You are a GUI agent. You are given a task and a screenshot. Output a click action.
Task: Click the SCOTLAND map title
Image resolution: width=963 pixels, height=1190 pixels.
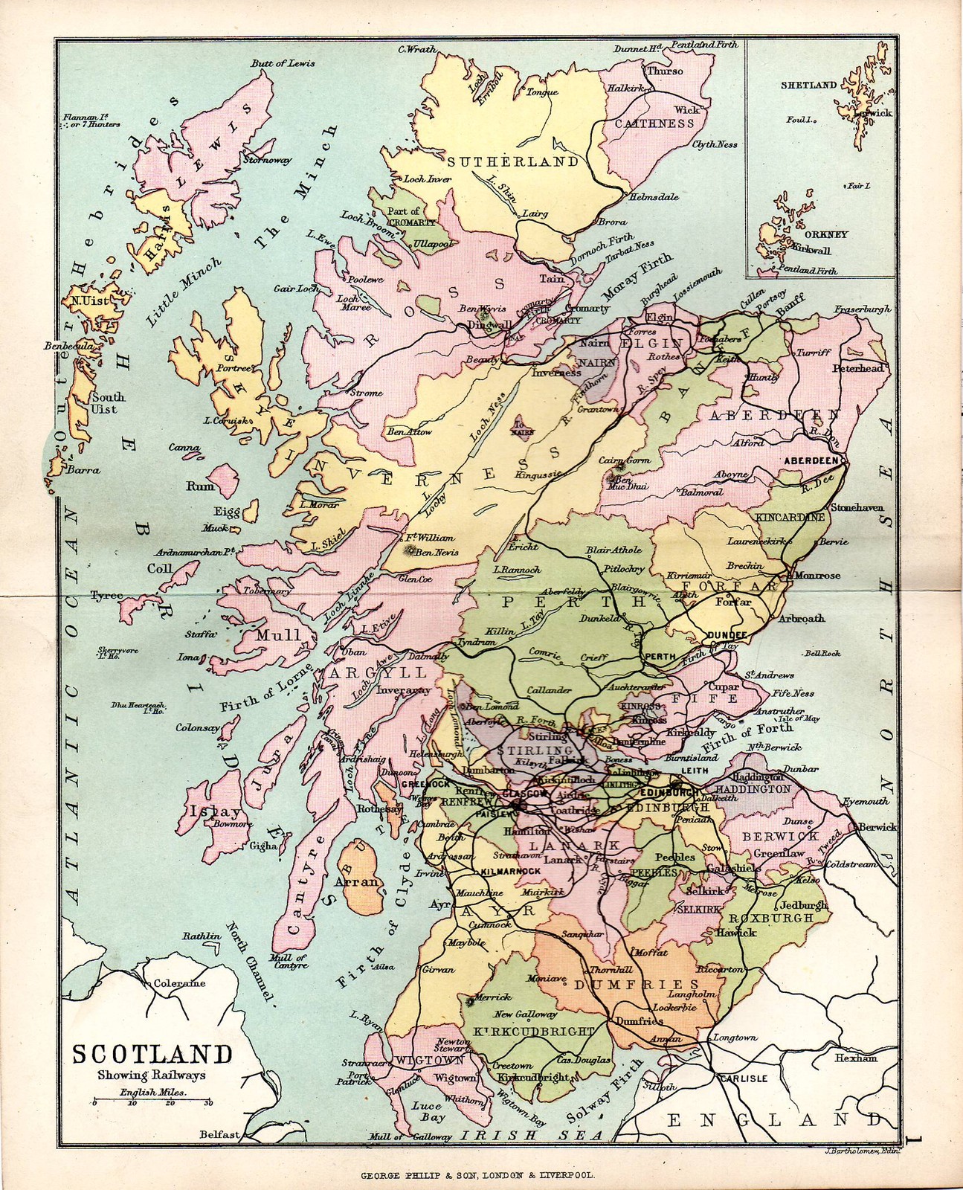point(151,1055)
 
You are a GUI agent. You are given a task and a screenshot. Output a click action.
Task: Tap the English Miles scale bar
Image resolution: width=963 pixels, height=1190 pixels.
point(152,1102)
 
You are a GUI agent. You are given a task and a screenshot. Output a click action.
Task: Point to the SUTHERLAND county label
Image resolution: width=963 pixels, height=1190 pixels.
point(513,161)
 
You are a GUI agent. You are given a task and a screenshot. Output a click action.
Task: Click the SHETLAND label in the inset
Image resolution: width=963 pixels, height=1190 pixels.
point(808,86)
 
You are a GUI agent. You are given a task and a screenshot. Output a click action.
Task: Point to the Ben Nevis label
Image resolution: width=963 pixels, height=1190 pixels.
point(437,552)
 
